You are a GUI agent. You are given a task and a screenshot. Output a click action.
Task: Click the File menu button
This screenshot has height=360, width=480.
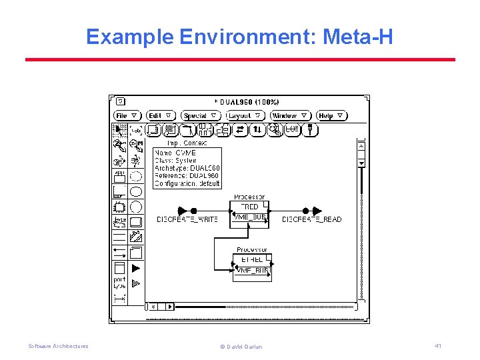click(x=127, y=116)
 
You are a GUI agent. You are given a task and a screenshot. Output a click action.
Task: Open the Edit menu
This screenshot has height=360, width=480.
click(x=161, y=116)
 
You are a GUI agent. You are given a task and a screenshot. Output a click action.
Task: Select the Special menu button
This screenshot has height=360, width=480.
click(x=201, y=116)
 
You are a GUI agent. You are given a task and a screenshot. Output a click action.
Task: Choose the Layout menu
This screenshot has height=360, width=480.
click(x=244, y=116)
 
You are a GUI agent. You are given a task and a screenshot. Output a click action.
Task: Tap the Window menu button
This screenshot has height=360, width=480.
click(x=291, y=116)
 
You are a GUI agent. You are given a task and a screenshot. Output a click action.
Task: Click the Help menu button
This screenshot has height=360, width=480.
click(x=331, y=116)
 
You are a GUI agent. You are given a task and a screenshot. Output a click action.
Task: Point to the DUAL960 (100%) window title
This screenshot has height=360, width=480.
click(x=247, y=102)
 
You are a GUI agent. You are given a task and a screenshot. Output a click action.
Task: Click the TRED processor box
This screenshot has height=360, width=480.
click(x=250, y=207)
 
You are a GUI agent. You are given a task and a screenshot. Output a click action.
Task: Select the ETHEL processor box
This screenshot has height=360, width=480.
click(x=253, y=259)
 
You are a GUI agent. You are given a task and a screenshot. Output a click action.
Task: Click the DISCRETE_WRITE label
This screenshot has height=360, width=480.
click(x=187, y=219)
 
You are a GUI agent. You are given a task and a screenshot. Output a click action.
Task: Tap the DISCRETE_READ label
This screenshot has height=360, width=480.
click(x=311, y=219)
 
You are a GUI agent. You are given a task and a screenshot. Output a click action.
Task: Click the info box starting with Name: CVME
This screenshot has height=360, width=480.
click(x=187, y=168)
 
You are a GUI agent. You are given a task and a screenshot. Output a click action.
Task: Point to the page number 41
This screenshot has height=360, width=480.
click(x=438, y=345)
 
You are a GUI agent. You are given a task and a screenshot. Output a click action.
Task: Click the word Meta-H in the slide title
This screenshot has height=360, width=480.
click(x=357, y=37)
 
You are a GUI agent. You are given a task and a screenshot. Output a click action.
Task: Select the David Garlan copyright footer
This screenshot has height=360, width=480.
click(x=241, y=347)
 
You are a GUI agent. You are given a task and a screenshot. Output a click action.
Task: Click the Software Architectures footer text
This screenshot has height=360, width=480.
click(x=58, y=346)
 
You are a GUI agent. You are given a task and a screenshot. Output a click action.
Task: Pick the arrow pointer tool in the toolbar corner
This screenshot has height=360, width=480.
click(x=119, y=130)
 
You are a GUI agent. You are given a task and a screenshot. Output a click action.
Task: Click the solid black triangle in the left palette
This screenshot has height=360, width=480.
click(x=136, y=268)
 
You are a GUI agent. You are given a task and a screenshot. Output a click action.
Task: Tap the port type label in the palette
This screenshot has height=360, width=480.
click(x=119, y=283)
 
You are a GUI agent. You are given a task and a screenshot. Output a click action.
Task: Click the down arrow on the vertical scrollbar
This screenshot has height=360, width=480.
click(x=361, y=163)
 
